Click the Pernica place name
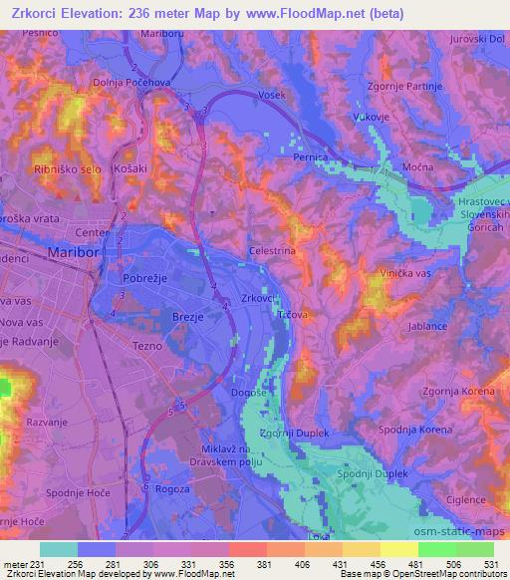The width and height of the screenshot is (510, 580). (311, 157)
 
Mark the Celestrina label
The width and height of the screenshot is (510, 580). (272, 252)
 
